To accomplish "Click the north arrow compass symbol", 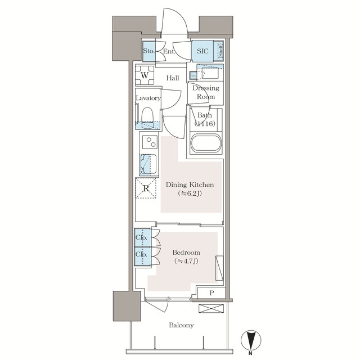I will [251, 341].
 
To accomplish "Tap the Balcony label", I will [180, 325].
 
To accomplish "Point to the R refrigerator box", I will [146, 188].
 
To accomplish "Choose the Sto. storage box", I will [148, 51].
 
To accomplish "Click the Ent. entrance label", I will [168, 52].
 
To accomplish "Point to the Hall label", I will [173, 78].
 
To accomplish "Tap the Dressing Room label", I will [205, 92].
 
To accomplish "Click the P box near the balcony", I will [211, 293].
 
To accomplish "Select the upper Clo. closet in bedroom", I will [141, 237].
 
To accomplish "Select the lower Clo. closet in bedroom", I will [141, 255].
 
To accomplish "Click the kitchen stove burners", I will [150, 141].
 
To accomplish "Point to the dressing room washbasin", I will [211, 73].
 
